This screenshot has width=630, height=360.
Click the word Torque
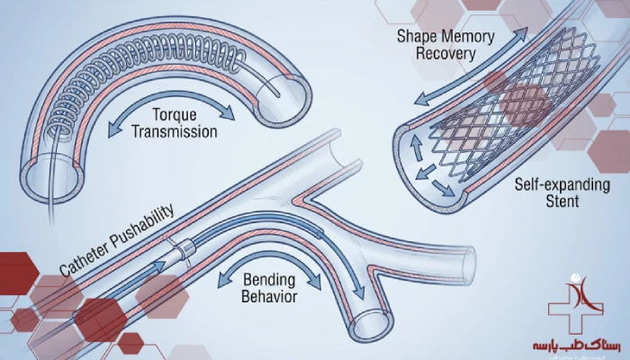pyautogui.click(x=174, y=115)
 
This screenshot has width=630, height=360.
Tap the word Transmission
pyautogui.click(x=175, y=132)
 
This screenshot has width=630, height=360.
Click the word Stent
pyautogui.click(x=560, y=202)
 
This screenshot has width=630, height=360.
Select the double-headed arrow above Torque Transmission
pyautogui.click(x=171, y=97)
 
